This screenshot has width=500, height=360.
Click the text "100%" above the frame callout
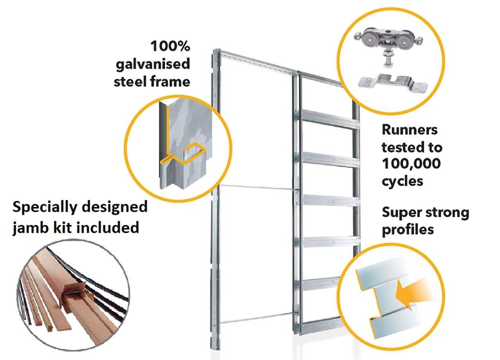pos(170,46)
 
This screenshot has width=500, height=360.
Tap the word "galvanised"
pos(153,64)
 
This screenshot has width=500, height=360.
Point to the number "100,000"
pos(411,164)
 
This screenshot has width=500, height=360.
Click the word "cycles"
pos(402,181)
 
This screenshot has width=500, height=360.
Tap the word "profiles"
pos(408,230)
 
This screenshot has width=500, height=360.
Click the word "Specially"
pos(43,207)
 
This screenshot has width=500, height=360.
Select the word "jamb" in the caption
pos(30,227)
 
